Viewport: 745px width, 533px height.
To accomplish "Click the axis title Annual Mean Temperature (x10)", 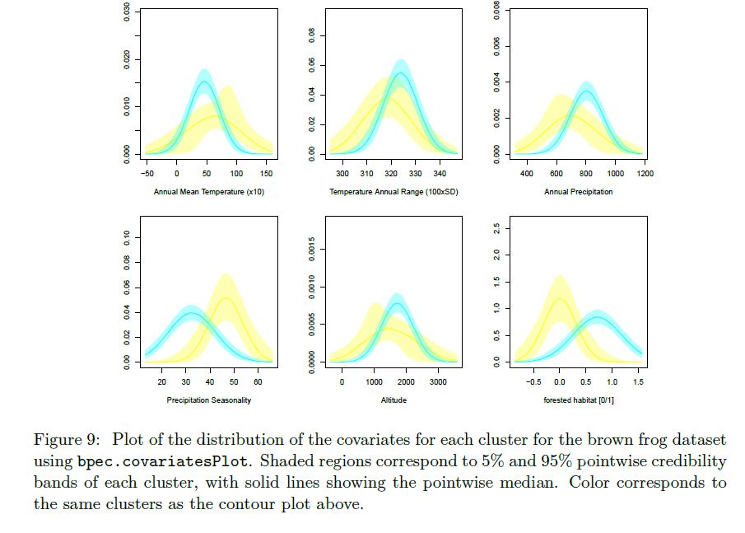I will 208,192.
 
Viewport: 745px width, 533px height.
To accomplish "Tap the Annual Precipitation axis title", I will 578,192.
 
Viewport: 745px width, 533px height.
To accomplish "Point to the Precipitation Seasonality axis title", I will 208,400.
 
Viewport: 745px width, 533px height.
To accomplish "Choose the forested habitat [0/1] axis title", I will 579,400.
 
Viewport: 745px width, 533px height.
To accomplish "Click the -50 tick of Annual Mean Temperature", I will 148,175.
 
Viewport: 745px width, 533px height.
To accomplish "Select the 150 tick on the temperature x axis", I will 267,175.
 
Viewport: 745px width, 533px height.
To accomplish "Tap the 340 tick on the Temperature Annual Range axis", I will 440,175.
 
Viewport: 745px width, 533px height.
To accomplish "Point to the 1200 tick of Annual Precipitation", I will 645,175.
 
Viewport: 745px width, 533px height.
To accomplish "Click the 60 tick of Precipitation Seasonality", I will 258,382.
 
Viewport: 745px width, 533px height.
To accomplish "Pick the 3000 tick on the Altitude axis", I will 438,382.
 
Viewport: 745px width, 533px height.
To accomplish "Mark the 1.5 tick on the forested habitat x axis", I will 638,382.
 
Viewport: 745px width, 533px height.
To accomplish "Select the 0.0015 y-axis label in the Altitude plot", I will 311,248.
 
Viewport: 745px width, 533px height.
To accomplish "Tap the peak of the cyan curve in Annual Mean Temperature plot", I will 204,81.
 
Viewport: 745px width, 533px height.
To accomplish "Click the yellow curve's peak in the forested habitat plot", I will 560,298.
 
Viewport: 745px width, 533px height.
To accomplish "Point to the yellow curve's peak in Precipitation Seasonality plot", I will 226,298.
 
